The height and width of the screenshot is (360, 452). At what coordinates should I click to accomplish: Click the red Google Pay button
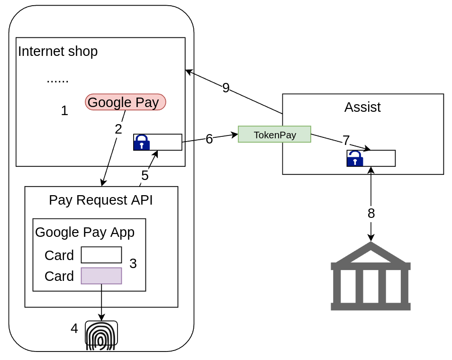click(126, 102)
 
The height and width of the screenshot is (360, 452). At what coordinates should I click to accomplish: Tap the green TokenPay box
click(274, 135)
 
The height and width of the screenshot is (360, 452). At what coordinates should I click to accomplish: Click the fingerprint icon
click(101, 335)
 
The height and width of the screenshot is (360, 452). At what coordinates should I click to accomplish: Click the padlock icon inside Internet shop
click(141, 143)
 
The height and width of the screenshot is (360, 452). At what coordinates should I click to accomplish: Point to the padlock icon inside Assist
click(355, 159)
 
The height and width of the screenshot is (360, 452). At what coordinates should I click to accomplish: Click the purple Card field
click(101, 276)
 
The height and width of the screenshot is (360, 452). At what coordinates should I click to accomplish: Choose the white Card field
click(101, 255)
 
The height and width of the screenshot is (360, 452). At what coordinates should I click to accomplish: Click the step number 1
click(64, 111)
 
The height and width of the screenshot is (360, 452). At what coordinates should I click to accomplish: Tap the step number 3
click(133, 264)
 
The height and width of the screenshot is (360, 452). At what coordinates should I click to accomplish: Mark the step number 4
click(74, 329)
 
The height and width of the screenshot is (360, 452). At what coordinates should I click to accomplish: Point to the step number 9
click(226, 88)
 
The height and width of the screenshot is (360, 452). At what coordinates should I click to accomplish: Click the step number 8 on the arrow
click(371, 214)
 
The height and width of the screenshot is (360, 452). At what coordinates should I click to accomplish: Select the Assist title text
click(362, 108)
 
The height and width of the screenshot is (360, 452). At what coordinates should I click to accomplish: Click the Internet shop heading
click(58, 51)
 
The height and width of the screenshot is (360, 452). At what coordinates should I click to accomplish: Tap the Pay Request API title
click(101, 200)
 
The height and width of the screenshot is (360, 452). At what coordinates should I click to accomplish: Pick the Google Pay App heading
click(85, 233)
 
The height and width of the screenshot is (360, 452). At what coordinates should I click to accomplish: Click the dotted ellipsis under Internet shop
click(57, 80)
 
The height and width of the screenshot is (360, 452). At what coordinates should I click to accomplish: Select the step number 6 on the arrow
click(209, 139)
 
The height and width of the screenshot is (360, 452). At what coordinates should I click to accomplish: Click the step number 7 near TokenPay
click(346, 141)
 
